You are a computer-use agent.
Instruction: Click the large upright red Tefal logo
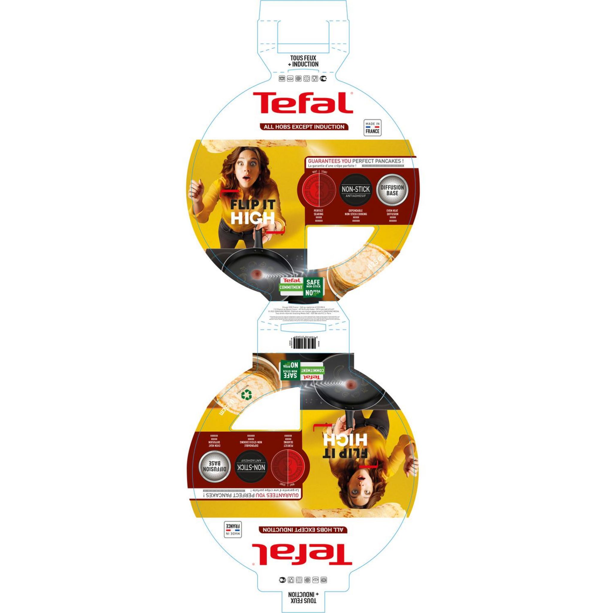tap(303, 102)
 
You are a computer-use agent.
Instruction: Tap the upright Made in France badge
tap(372, 128)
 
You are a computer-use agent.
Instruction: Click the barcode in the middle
tap(305, 343)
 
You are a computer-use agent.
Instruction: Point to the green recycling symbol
tap(246, 395)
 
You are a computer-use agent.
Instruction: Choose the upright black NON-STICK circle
tap(356, 190)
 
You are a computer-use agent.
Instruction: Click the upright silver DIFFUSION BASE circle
tap(392, 190)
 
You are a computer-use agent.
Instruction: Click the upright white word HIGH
tap(253, 218)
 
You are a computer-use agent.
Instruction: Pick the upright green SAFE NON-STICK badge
tap(313, 287)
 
